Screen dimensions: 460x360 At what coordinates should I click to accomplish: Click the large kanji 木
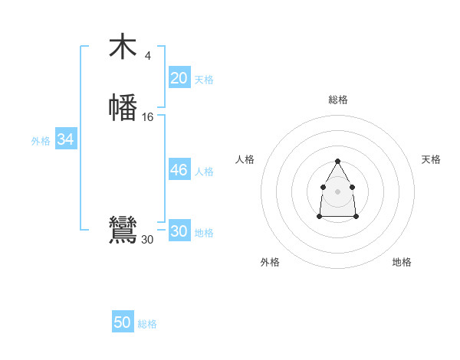pyautogui.click(x=123, y=47)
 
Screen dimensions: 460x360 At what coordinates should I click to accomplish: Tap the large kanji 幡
pyautogui.click(x=123, y=107)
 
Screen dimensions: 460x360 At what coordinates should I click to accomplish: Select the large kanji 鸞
pyautogui.click(x=123, y=230)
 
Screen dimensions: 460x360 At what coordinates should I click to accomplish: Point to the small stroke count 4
pyautogui.click(x=147, y=55)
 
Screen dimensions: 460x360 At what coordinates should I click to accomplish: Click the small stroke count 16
pyautogui.click(x=148, y=117)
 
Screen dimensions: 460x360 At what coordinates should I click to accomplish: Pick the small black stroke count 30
pyautogui.click(x=147, y=240)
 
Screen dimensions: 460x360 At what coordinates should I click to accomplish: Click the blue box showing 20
pyautogui.click(x=179, y=78)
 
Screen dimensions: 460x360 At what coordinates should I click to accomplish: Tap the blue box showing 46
pyautogui.click(x=179, y=170)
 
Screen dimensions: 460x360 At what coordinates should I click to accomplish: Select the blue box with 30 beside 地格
pyautogui.click(x=179, y=231)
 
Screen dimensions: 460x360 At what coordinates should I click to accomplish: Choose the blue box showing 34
pyautogui.click(x=65, y=139)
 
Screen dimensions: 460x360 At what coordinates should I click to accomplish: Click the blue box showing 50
pyautogui.click(x=123, y=322)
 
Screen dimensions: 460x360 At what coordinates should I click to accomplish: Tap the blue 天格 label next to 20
pyautogui.click(x=204, y=80)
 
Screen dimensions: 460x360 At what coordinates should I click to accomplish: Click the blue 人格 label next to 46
pyautogui.click(x=204, y=172)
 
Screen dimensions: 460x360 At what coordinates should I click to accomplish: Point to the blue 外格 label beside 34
pyautogui.click(x=40, y=141)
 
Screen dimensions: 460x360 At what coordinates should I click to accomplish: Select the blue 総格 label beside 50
pyautogui.click(x=147, y=324)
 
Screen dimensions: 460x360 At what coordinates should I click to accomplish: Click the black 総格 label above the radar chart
pyautogui.click(x=338, y=100)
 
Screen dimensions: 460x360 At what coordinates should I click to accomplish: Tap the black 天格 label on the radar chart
pyautogui.click(x=432, y=159)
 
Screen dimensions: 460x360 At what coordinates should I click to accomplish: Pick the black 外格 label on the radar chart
pyautogui.click(x=270, y=262)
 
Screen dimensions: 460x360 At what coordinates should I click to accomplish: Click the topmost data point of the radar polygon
pyautogui.click(x=338, y=161)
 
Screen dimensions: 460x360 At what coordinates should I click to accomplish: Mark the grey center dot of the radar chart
pyautogui.click(x=338, y=191)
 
